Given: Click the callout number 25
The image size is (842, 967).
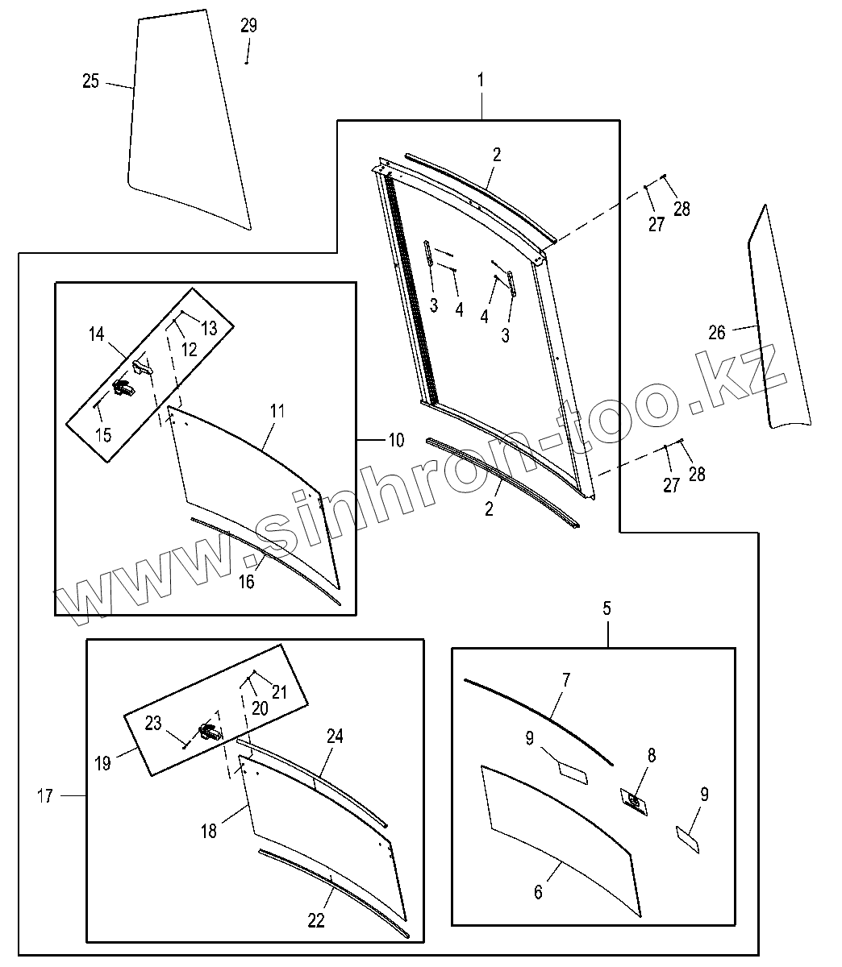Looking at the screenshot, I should tap(90, 81).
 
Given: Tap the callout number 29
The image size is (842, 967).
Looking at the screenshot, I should tap(248, 26).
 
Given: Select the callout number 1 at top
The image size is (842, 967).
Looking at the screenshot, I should tap(481, 80).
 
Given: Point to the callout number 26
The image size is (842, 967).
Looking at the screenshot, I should tap(716, 332).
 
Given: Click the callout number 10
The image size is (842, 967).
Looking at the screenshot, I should tap(395, 440).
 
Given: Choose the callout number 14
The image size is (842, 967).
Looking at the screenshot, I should tap(97, 334).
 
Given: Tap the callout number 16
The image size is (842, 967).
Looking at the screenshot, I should tap(247, 581).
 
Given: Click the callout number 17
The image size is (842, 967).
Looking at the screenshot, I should tap(45, 796).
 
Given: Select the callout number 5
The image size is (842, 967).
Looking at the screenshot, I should tap(607, 608).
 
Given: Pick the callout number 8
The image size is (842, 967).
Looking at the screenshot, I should tap(651, 756).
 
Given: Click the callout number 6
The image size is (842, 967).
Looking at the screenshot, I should tap(538, 891).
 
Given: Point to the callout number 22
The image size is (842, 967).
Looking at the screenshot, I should tap(316, 920).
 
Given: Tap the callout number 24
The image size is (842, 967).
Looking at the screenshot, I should tap(335, 736).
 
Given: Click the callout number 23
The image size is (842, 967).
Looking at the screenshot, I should tap(153, 724).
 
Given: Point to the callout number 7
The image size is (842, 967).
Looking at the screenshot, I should tap(566, 680).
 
